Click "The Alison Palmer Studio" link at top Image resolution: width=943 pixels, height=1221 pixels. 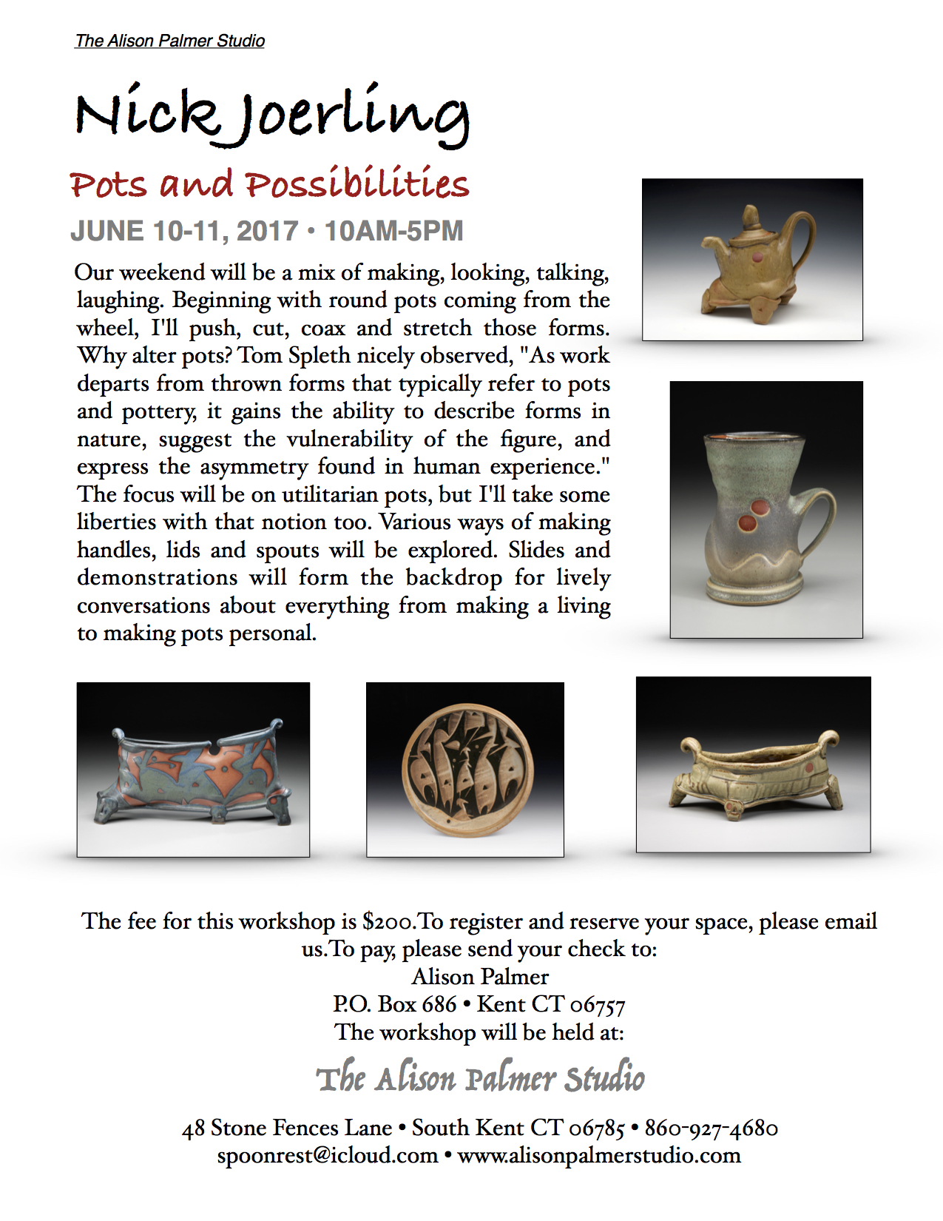click(x=169, y=41)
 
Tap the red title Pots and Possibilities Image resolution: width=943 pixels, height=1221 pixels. click(x=269, y=184)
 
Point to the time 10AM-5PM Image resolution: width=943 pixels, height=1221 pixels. click(x=393, y=231)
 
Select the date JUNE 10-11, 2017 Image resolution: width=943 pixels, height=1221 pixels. click(x=184, y=231)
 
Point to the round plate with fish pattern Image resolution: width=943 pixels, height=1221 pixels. click(x=466, y=770)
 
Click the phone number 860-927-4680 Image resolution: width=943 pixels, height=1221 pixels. click(x=711, y=1128)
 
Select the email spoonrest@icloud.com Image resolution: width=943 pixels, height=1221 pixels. click(x=327, y=1155)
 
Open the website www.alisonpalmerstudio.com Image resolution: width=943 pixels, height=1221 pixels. click(x=599, y=1155)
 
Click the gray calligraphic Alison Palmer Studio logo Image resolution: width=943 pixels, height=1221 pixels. click(x=480, y=1078)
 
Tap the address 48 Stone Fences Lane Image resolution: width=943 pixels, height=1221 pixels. click(x=287, y=1128)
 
